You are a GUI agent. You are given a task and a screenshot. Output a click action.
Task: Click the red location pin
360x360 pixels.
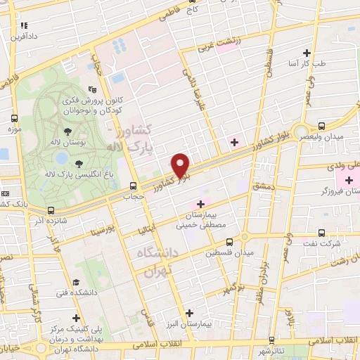(x=181, y=165)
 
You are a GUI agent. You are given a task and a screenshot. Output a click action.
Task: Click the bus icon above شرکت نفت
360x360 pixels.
(x=321, y=232)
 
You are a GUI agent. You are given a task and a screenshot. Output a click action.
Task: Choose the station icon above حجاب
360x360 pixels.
(x=133, y=186)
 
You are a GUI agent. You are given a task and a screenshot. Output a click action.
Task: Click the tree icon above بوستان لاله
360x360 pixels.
(x=67, y=131)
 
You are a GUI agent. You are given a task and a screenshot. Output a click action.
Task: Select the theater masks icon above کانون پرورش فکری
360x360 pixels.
(x=91, y=90)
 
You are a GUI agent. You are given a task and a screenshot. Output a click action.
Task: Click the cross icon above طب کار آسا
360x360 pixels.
(x=306, y=53)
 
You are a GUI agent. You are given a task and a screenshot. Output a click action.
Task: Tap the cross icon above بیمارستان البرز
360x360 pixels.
(x=189, y=314)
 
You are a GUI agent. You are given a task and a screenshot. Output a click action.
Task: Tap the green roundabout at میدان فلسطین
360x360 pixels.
(x=244, y=237)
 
